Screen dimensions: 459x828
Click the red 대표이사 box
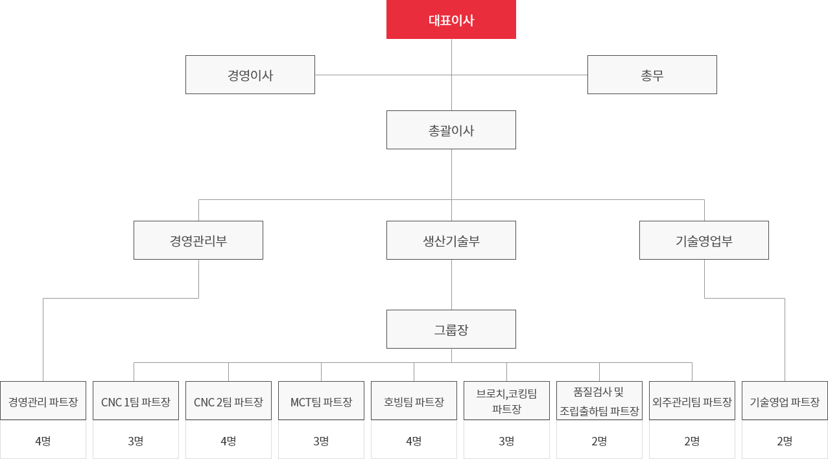[451, 19]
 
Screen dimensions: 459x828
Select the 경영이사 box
[250, 75]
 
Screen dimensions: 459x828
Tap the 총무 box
[652, 75]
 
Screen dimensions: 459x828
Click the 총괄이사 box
[451, 130]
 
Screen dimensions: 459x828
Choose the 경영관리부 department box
[198, 240]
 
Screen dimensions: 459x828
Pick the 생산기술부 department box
[451, 240]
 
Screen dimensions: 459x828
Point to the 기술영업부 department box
[704, 240]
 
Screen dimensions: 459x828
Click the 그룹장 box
[451, 329]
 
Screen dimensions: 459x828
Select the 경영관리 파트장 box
[43, 401]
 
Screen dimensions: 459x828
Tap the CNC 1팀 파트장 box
[136, 401]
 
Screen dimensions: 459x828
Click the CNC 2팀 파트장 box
[228, 401]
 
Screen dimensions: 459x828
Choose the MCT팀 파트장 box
[321, 401]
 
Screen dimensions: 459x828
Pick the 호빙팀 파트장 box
[414, 401]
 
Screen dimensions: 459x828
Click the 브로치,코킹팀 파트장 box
[506, 401]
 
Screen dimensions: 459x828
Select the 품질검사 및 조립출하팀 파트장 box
[599, 401]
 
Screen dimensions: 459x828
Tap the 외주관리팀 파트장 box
[692, 401]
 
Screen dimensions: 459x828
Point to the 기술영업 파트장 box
[785, 401]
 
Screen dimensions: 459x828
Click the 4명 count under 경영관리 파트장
[43, 441]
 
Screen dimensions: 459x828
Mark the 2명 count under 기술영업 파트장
[785, 441]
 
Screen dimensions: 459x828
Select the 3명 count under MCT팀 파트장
[321, 441]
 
